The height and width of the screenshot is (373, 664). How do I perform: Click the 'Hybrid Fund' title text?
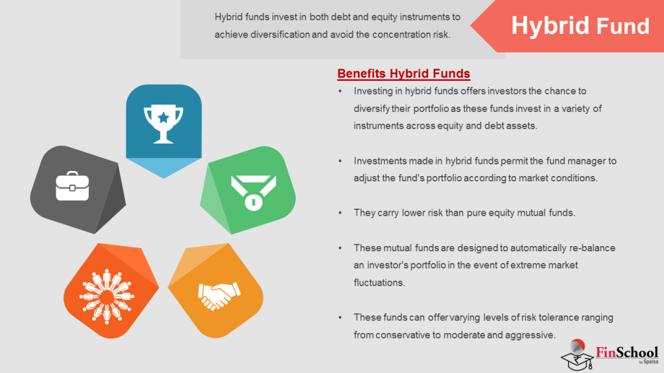point(580,26)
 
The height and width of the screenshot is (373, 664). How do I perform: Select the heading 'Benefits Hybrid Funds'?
point(403,73)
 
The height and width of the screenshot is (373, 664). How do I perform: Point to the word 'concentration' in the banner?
point(399,34)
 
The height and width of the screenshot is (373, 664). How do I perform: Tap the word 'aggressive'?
point(532,335)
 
